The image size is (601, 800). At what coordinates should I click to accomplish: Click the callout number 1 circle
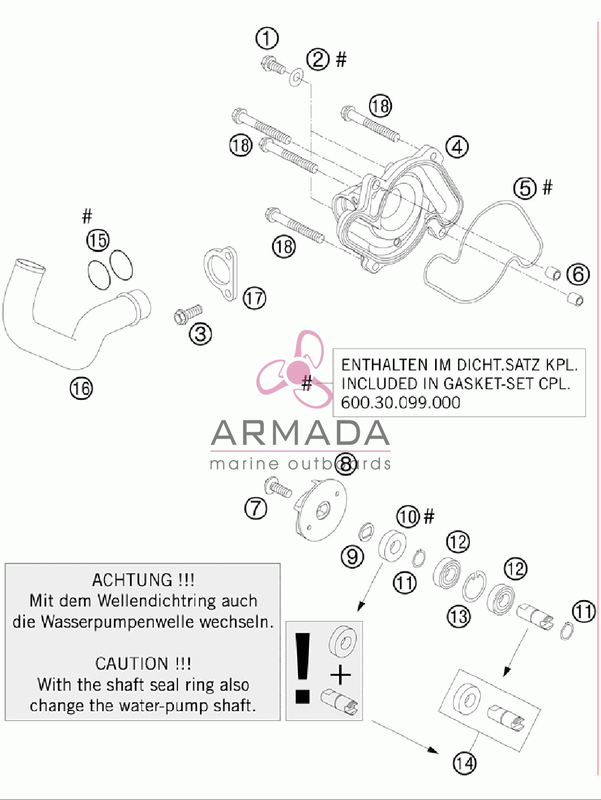coord(267,38)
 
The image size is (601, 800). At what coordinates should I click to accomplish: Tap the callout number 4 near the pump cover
coord(457,147)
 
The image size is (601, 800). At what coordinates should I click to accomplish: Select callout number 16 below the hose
coord(81,389)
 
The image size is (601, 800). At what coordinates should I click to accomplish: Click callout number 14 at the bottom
coord(465,763)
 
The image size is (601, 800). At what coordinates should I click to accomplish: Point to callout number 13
coord(459,617)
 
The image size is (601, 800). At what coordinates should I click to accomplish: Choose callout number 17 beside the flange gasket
coord(255,298)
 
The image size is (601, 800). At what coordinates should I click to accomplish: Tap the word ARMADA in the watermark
coord(300,433)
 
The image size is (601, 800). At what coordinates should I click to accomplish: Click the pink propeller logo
coord(294,368)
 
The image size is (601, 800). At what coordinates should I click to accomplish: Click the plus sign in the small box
coord(340,675)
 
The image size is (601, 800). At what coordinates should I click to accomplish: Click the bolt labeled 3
coord(188,314)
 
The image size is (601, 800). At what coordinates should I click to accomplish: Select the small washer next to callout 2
coord(297,77)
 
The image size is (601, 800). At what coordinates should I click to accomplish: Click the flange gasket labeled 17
coord(221,274)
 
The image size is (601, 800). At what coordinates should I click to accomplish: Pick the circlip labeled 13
coord(474,586)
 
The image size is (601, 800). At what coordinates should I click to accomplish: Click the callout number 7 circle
coord(255,508)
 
